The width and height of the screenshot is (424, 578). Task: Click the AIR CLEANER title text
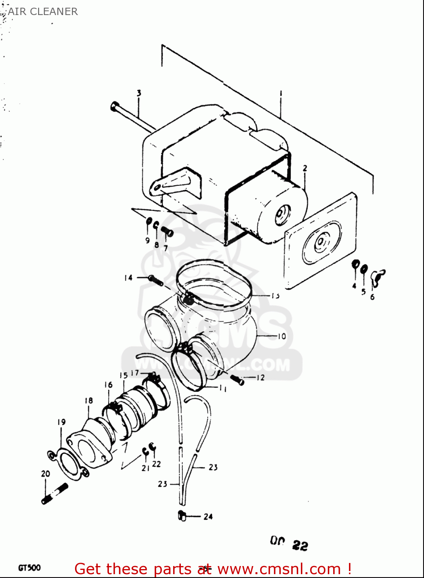(43, 12)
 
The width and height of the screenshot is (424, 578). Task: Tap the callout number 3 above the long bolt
(139, 93)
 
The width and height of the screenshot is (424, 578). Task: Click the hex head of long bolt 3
(114, 106)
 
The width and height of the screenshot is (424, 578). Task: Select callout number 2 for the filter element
(305, 168)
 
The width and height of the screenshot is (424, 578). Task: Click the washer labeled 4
(356, 265)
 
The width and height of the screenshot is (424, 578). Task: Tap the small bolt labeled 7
(167, 232)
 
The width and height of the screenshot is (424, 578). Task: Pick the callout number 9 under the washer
(147, 240)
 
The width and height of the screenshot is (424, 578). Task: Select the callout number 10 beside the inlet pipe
(282, 336)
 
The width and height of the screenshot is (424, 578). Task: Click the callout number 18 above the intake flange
(88, 401)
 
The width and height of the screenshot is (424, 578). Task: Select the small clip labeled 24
(182, 516)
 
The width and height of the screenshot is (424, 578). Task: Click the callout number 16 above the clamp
(109, 385)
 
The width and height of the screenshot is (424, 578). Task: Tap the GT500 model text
(29, 568)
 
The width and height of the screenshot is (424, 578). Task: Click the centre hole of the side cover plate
(320, 243)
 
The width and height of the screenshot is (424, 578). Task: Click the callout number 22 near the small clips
(156, 464)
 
